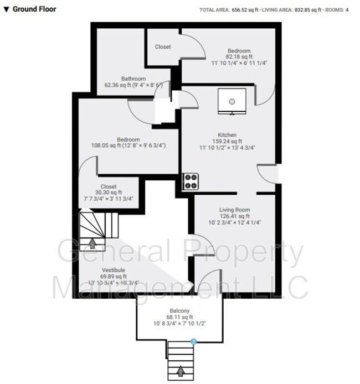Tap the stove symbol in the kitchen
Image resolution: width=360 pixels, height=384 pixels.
pos(191,181)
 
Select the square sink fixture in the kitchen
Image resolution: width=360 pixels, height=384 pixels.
pos(231,100)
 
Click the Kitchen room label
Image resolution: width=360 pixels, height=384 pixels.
pos(227,135)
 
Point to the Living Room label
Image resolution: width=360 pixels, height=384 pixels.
pos(235,210)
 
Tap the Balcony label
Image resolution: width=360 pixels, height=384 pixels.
pos(181,310)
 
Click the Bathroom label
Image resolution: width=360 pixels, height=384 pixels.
pos(133,79)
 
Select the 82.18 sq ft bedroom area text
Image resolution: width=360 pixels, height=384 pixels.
pos(239,57)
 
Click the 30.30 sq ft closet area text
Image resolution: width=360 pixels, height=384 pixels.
pos(108,193)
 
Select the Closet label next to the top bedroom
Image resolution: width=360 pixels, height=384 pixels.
pos(163,47)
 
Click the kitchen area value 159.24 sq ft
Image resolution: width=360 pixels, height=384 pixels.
pos(227,142)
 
